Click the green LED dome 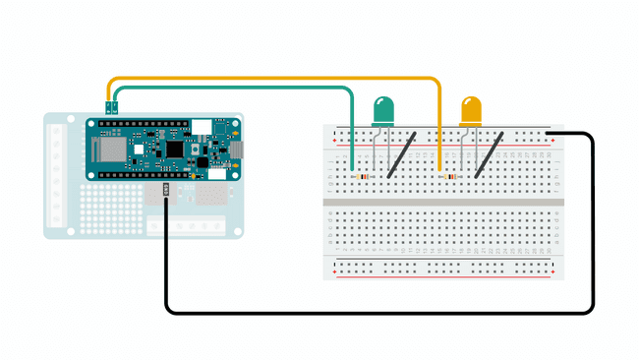pyautogui.click(x=383, y=109)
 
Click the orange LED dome pyautogui.click(x=472, y=109)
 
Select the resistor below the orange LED pyautogui.click(x=452, y=177)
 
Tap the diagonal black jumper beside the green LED pyautogui.click(x=401, y=155)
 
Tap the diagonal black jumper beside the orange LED pyautogui.click(x=490, y=155)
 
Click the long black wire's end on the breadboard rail pyautogui.click(x=551, y=135)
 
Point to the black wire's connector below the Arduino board pyautogui.click(x=165, y=189)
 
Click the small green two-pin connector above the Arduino pyautogui.click(x=113, y=105)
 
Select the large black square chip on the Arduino pyautogui.click(x=174, y=150)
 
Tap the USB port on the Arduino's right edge pyautogui.click(x=235, y=149)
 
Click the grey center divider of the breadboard pyautogui.click(x=445, y=202)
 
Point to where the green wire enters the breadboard pyautogui.click(x=352, y=169)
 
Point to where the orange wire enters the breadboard pyautogui.click(x=439, y=169)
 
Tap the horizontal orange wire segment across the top pyautogui.click(x=275, y=79)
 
